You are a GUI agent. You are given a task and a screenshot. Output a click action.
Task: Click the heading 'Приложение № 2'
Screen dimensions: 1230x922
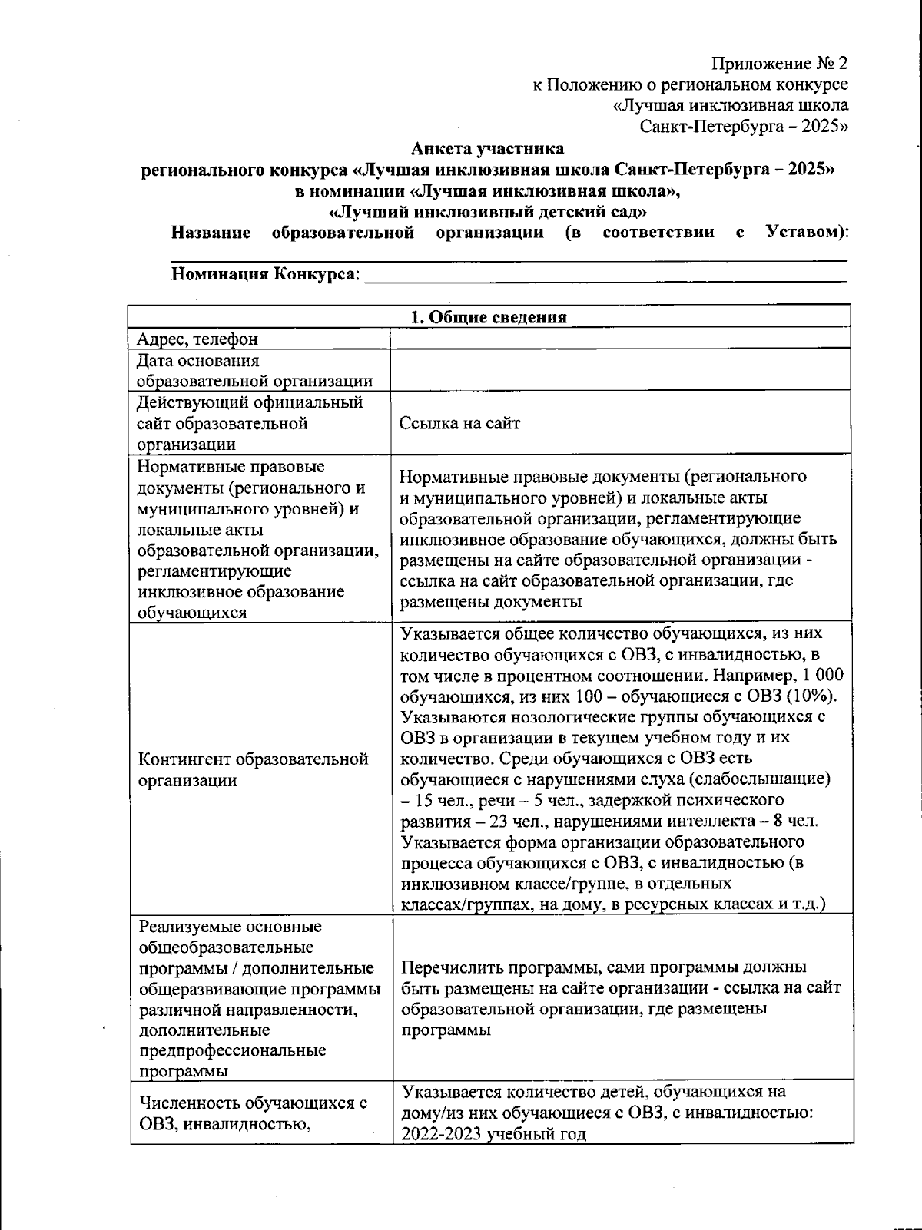[780, 63]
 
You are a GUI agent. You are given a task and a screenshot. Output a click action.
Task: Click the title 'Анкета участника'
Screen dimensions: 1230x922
[487, 148]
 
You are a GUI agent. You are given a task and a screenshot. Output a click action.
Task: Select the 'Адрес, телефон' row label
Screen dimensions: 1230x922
[197, 339]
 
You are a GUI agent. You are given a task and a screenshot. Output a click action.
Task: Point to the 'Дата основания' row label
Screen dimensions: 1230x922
[198, 360]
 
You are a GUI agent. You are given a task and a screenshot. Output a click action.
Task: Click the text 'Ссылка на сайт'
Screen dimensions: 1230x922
[459, 423]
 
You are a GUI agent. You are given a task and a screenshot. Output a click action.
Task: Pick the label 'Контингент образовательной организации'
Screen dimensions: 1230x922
[254, 769]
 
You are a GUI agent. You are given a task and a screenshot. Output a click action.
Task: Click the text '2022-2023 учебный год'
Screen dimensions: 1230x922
[493, 1134]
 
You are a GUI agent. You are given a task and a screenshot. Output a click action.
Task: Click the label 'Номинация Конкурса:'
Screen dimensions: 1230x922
[265, 274]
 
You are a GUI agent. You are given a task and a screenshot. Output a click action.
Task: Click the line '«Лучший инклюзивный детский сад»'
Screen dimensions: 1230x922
[487, 211]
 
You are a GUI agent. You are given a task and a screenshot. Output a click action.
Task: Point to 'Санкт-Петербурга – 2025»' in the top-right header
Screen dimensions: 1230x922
[745, 126]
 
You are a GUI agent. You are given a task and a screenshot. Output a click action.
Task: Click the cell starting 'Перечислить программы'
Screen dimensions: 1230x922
[621, 997]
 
